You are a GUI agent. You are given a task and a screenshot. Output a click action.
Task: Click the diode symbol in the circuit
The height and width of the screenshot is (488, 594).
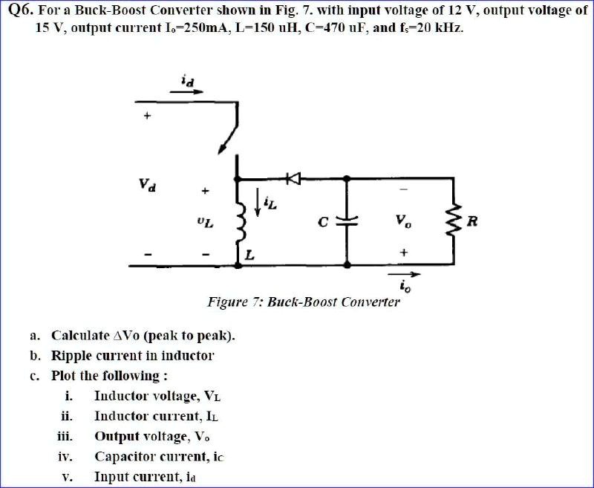[x=293, y=178]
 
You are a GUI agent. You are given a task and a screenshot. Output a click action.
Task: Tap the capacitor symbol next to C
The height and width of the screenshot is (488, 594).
[x=347, y=221]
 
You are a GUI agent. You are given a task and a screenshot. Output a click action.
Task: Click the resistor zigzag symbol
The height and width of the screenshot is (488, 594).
[x=453, y=221]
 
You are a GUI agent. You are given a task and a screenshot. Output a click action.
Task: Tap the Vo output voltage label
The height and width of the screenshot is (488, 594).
[x=402, y=221]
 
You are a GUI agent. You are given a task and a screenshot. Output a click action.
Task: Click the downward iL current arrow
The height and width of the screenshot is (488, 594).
[x=258, y=202]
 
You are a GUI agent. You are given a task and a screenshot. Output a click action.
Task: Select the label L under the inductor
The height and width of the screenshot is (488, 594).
[x=250, y=255]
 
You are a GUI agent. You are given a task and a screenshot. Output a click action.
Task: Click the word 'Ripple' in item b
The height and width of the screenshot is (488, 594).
[x=72, y=355]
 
